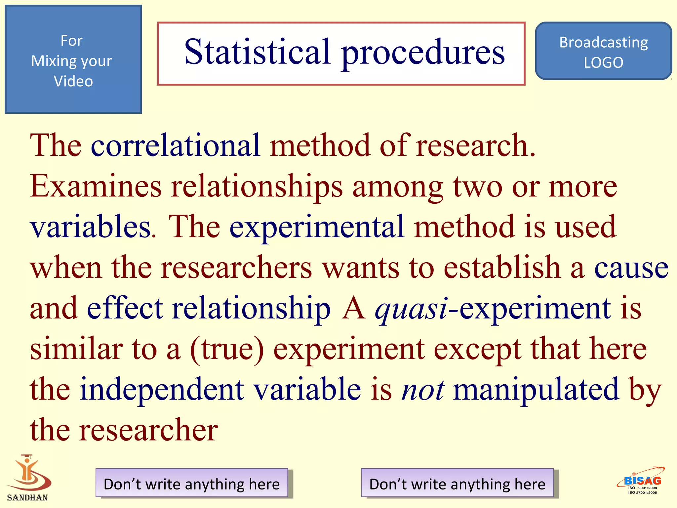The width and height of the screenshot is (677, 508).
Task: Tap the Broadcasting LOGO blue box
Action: pos(603,51)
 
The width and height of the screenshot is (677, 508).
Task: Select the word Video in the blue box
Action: pos(73,81)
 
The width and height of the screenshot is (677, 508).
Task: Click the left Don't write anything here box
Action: pos(192,484)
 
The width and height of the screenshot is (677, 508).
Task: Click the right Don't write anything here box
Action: pos(457,484)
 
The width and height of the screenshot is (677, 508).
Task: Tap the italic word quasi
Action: pos(411,310)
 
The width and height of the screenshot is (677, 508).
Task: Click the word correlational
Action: pos(176,146)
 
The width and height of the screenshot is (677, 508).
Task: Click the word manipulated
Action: pos(536,390)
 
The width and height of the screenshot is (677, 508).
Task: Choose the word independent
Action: pos(162,390)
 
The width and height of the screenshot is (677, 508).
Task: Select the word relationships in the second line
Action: pos(257,187)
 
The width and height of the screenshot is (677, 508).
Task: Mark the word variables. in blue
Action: pos(93,227)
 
